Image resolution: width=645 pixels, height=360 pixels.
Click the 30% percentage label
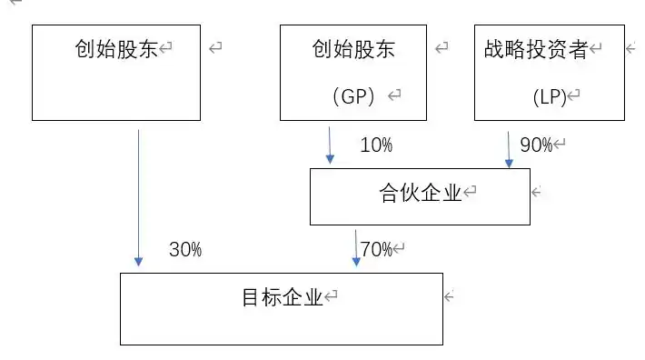point(185,250)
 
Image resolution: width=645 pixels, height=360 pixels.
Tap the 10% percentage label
point(376,145)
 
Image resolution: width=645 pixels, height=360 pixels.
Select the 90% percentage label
point(536,145)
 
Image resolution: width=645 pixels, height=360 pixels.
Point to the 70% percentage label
point(375,248)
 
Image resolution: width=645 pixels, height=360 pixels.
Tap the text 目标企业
point(283,296)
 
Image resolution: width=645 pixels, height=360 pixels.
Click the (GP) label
point(354,95)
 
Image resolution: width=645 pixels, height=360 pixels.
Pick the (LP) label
point(550,95)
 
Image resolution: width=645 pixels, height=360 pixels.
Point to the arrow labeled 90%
point(509,148)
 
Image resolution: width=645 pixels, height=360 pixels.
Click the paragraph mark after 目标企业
point(332,296)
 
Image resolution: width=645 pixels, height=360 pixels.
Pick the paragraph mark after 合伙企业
point(471,193)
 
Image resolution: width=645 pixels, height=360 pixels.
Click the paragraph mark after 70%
point(399,248)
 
